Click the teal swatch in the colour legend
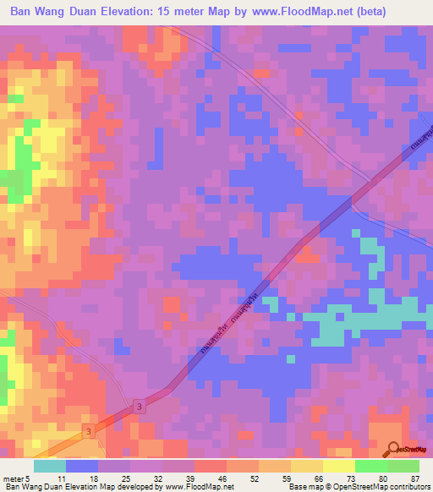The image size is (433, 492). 49,467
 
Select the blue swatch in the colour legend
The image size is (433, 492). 81,467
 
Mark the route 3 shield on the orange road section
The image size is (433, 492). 87,432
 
